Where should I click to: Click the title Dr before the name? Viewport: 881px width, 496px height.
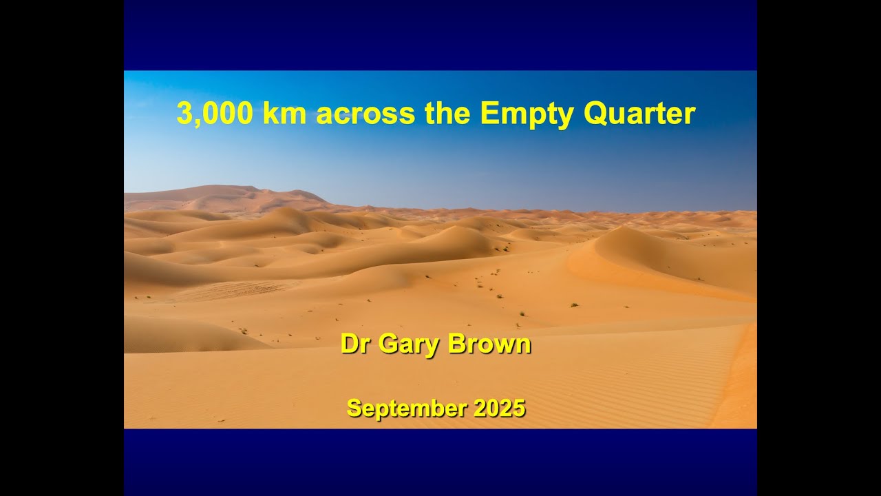[x=355, y=344]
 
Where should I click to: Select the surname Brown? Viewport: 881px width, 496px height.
[x=489, y=344]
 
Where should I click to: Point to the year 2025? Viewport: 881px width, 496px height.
[x=500, y=408]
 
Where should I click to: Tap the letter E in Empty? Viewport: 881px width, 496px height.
[x=488, y=114]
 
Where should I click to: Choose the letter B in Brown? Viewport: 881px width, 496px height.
[x=457, y=344]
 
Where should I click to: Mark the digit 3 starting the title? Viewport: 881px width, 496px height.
[x=183, y=114]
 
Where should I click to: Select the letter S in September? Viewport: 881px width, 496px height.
[x=353, y=408]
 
